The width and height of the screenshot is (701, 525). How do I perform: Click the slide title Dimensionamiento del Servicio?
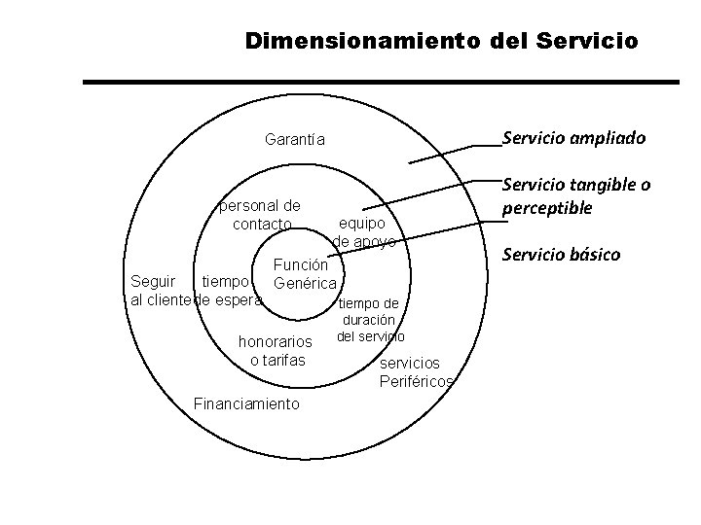pyautogui.click(x=442, y=41)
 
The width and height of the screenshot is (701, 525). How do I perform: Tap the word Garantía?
pyautogui.click(x=295, y=139)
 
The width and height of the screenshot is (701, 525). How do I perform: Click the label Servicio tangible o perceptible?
pyautogui.click(x=575, y=196)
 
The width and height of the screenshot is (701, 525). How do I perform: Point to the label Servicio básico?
pyautogui.click(x=560, y=255)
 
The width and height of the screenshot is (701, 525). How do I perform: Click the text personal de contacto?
pyautogui.click(x=261, y=215)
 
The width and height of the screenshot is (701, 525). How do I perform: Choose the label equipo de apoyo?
pyautogui.click(x=364, y=231)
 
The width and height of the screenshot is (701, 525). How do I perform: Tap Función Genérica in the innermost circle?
pyautogui.click(x=306, y=273)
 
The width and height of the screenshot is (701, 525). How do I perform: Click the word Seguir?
pyautogui.click(x=153, y=282)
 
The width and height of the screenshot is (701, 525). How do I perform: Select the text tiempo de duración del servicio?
pyautogui.click(x=367, y=320)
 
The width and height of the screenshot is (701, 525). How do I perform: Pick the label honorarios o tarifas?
pyautogui.click(x=277, y=351)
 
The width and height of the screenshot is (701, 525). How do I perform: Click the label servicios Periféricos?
pyautogui.click(x=416, y=372)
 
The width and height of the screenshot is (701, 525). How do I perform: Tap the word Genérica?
pyautogui.click(x=306, y=283)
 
